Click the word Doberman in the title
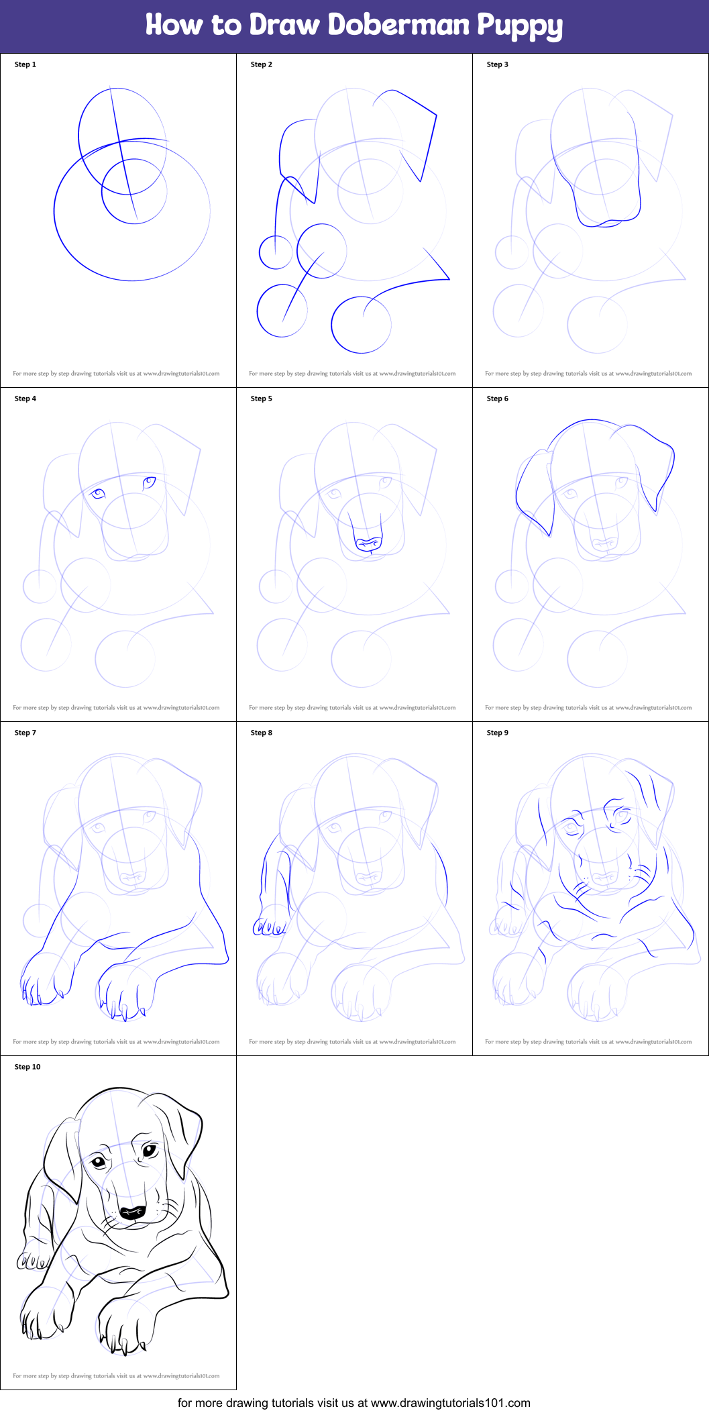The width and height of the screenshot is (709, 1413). pyautogui.click(x=399, y=25)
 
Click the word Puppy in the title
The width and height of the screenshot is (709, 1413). pyautogui.click(x=520, y=26)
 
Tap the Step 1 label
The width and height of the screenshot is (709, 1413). pyautogui.click(x=25, y=64)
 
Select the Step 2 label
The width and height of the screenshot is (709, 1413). pyautogui.click(x=262, y=64)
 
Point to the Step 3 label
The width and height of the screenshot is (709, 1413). pyautogui.click(x=498, y=64)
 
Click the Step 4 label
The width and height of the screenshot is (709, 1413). pyautogui.click(x=25, y=399)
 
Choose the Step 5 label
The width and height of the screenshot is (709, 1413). pyautogui.click(x=262, y=399)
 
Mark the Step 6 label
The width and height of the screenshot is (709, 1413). pyautogui.click(x=498, y=399)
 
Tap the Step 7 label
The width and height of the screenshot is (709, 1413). pyautogui.click(x=25, y=733)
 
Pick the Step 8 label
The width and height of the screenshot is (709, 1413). pyautogui.click(x=262, y=733)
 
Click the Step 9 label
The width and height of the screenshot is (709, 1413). pyautogui.click(x=498, y=733)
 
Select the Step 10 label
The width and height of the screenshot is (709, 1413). pyautogui.click(x=28, y=1067)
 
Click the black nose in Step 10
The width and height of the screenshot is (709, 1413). pyautogui.click(x=132, y=1212)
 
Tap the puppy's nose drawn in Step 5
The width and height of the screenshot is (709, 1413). pyautogui.click(x=368, y=543)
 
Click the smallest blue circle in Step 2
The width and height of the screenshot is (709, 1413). pyautogui.click(x=276, y=252)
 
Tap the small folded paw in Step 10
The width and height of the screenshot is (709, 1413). pyautogui.click(x=32, y=1262)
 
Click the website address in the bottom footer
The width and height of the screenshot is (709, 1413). pyautogui.click(x=450, y=1403)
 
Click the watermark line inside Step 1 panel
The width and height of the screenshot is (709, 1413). pyautogui.click(x=116, y=374)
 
